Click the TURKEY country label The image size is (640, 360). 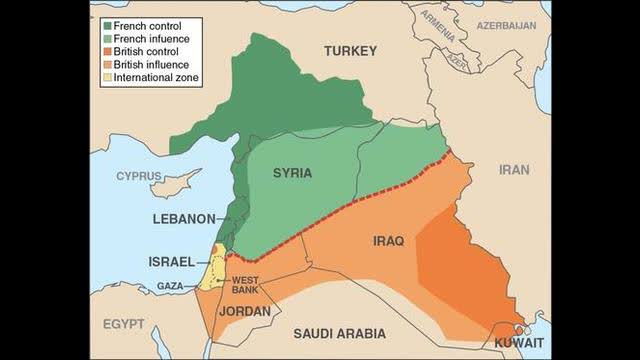point(349,51)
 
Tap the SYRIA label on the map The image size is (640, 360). point(292,173)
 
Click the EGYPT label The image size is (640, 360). point(123,324)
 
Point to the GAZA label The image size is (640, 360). point(170,286)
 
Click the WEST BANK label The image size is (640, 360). point(247,285)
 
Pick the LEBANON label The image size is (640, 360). point(184,218)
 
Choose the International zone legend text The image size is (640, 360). point(156,76)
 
